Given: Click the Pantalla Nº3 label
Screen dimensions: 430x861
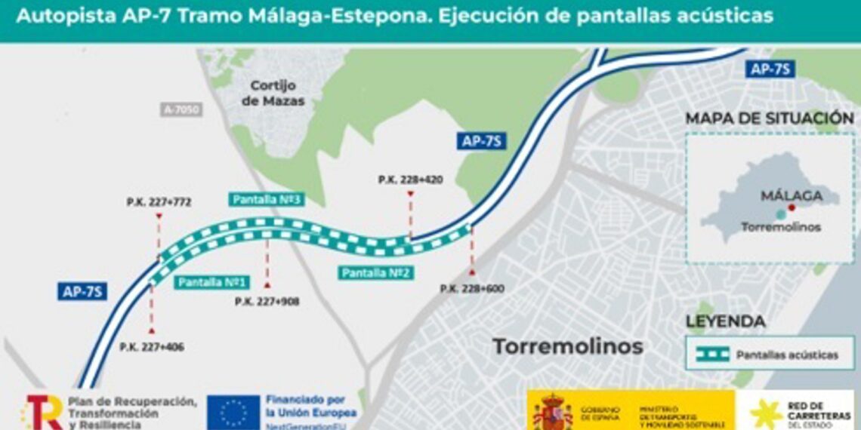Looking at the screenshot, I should click(x=268, y=200).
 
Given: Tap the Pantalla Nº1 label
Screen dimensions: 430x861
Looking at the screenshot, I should click(x=213, y=282).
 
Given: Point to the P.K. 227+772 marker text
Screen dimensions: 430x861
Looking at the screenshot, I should click(x=159, y=202).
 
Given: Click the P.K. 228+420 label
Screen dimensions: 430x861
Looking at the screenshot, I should click(x=410, y=180).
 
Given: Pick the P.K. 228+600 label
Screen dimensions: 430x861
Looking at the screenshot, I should click(x=472, y=288).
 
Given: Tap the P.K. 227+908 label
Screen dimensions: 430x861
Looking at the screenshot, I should click(x=267, y=301).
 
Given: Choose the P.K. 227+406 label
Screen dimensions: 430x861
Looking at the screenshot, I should click(x=152, y=347).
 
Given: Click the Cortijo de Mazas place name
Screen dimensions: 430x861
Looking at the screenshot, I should click(x=273, y=93).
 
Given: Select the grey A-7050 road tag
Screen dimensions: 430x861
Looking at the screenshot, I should click(x=182, y=110).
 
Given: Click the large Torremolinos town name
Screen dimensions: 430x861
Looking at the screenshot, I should click(x=568, y=346).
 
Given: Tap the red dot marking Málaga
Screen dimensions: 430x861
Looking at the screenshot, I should click(x=791, y=207).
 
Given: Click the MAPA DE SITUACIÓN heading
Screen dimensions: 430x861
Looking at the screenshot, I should click(x=770, y=118).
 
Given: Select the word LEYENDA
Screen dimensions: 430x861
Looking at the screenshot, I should click(x=724, y=322).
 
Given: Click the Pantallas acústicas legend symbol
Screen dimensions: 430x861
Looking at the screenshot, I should click(x=712, y=354).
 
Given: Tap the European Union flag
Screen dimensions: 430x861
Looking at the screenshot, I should click(x=234, y=413).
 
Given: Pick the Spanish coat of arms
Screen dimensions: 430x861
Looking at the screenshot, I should click(x=552, y=412).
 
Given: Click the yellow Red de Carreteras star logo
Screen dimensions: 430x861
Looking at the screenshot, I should click(x=765, y=413).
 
